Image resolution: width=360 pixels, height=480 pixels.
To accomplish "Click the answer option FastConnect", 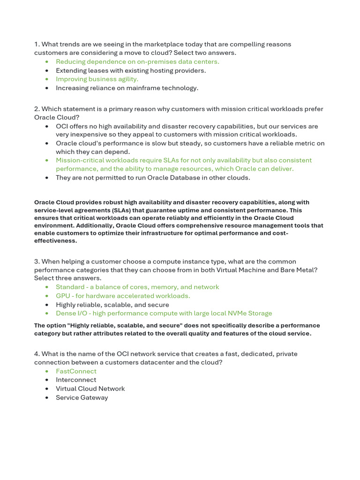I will point(76,371).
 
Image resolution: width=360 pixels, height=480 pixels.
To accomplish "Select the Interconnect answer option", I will point(76,380).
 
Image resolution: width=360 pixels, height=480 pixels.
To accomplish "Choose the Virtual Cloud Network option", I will point(90,389).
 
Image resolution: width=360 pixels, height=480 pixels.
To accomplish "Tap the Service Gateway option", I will point(82,397).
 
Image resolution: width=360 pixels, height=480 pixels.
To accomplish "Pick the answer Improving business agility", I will point(97,79).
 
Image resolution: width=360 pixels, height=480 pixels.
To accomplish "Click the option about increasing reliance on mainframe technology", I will point(127,88).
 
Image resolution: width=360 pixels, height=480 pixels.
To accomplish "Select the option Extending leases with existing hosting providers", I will point(131,70).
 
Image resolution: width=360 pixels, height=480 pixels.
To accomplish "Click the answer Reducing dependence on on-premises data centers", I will point(137,61).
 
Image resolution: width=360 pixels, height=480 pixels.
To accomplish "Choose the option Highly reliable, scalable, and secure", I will point(112,305).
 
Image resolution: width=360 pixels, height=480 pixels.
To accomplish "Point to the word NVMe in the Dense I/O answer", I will point(234,313).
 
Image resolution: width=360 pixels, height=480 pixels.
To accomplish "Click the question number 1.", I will point(36,44).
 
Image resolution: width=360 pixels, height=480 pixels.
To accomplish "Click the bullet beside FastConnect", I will point(46,371).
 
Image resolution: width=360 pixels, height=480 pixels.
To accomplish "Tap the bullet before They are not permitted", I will point(46,178).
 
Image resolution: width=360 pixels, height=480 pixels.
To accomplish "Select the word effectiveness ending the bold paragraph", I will point(55,241).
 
